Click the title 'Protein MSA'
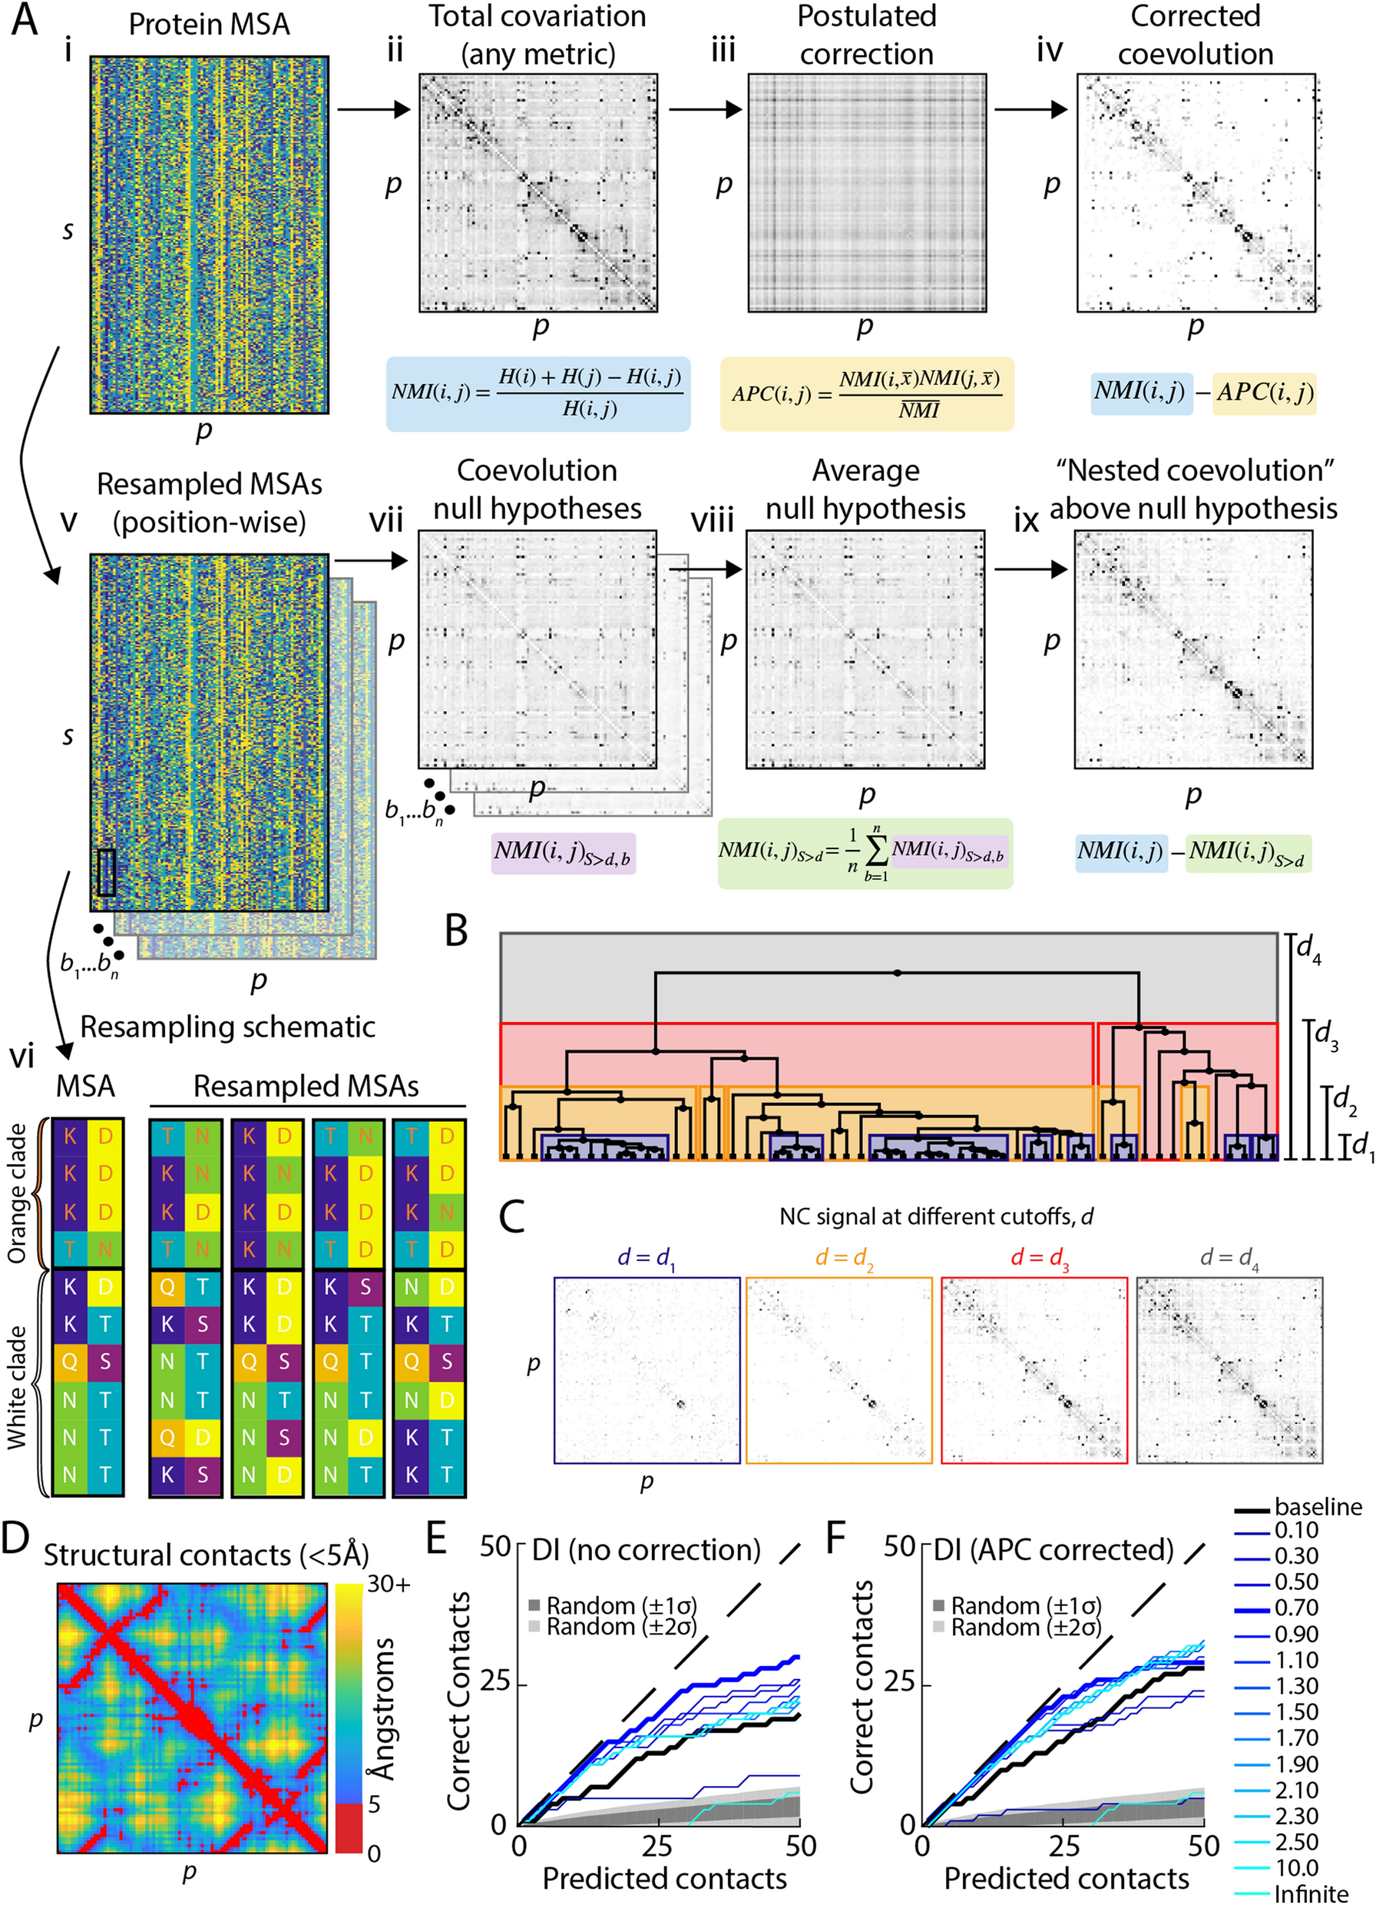(x=209, y=25)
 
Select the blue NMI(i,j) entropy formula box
(x=538, y=393)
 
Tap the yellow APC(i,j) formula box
(x=866, y=393)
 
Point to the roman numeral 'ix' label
(x=1026, y=521)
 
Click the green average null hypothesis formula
(x=865, y=852)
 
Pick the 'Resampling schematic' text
(x=227, y=1027)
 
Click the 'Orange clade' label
(x=17, y=1193)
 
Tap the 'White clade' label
(x=17, y=1387)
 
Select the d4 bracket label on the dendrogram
(x=1308, y=950)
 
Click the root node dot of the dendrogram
(x=898, y=973)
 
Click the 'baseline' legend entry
(x=1317, y=1507)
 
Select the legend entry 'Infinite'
(x=1311, y=1894)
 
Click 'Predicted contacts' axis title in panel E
(x=664, y=1878)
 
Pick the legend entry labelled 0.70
(x=1296, y=1608)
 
